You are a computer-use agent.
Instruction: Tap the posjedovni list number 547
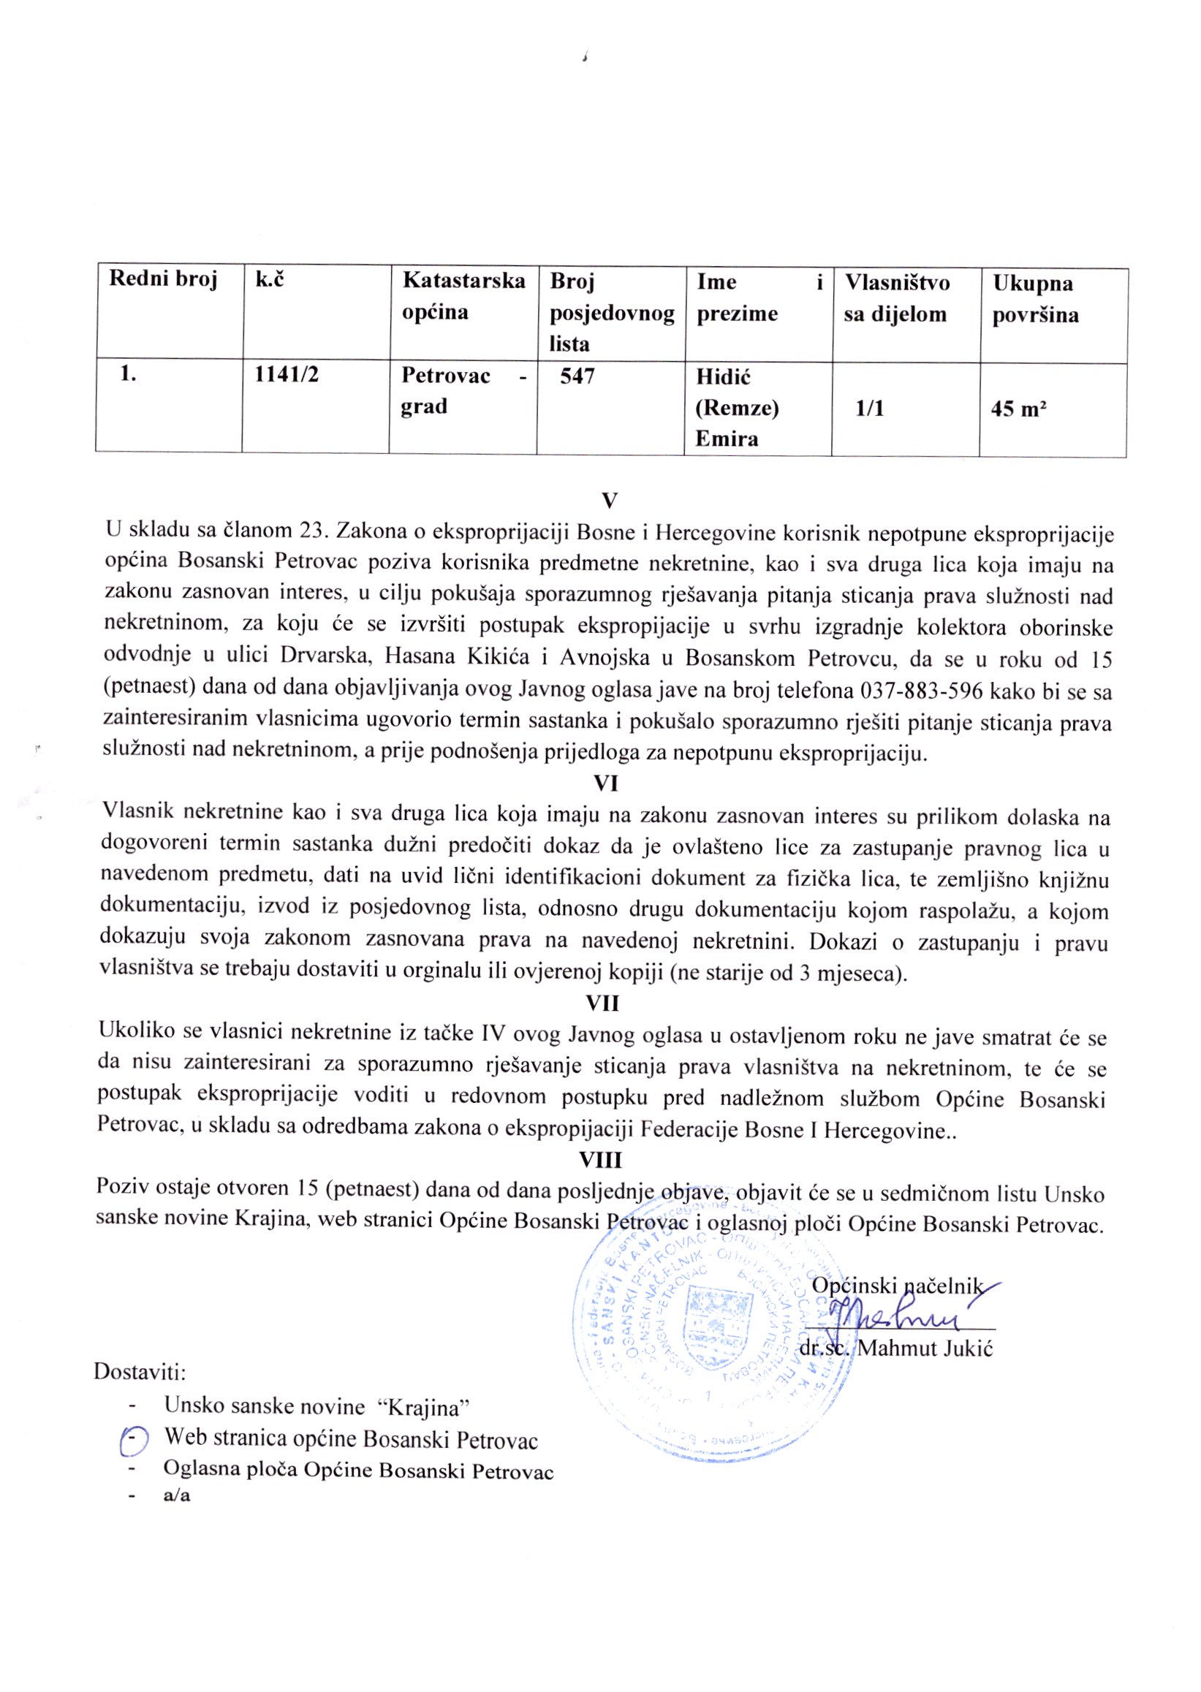(x=577, y=376)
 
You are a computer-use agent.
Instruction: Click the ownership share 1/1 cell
(x=870, y=409)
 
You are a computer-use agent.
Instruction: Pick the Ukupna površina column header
(x=1034, y=299)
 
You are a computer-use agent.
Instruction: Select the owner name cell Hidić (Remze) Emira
(x=737, y=409)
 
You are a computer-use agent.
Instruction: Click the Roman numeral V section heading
(x=609, y=501)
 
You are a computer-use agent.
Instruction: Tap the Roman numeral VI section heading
(x=606, y=783)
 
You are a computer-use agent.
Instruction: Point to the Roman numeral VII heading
(x=603, y=1003)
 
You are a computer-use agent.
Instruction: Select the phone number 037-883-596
(x=922, y=691)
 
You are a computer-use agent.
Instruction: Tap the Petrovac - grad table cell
(x=463, y=391)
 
